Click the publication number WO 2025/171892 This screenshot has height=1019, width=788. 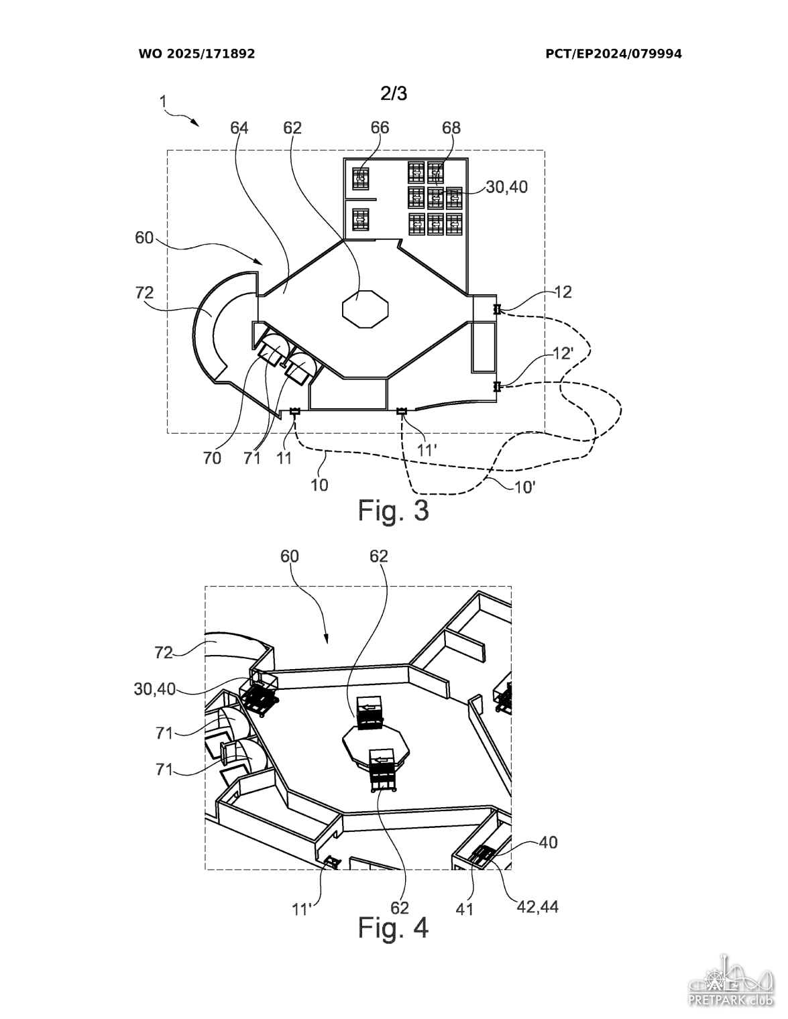[196, 54]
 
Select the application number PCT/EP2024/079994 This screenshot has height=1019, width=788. [614, 54]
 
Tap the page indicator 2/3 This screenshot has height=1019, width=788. [394, 94]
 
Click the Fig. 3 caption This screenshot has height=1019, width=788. [393, 510]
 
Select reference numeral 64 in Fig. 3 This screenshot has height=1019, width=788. [239, 127]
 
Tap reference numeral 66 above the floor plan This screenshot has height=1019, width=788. [380, 127]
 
